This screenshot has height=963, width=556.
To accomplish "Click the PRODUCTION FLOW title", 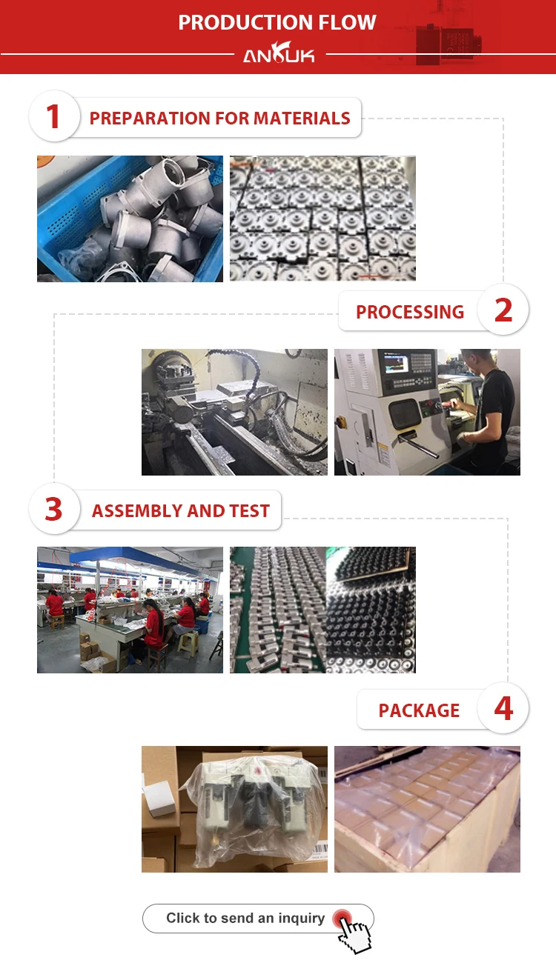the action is [277, 22].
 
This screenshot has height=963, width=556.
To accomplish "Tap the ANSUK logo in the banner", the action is [279, 53].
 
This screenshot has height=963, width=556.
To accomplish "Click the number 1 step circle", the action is [54, 116].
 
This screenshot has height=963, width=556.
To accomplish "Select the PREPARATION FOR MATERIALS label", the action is [219, 119].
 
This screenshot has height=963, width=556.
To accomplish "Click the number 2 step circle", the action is [503, 310].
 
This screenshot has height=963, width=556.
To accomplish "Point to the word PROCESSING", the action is [410, 312].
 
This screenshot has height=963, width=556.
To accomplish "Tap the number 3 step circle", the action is [54, 509].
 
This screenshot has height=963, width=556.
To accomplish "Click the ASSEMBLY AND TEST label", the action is [181, 510].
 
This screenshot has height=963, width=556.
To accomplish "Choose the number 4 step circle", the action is [503, 708].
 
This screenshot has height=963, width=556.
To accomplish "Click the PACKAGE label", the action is [419, 710].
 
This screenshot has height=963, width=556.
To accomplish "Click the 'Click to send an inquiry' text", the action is [245, 918].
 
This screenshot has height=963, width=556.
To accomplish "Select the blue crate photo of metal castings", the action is [130, 219].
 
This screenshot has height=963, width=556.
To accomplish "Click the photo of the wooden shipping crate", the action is [427, 809].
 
